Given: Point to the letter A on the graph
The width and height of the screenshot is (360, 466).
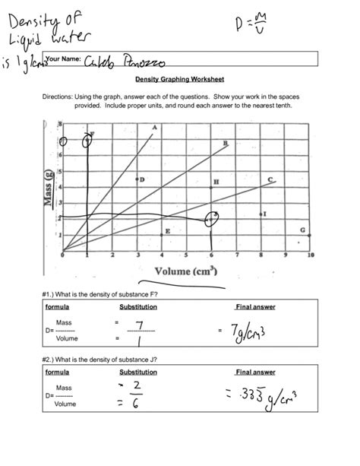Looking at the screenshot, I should pyautogui.click(x=155, y=128).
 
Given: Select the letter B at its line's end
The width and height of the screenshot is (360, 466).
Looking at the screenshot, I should pyautogui.click(x=225, y=144).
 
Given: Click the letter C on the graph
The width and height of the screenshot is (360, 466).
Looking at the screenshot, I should pyautogui.click(x=270, y=179).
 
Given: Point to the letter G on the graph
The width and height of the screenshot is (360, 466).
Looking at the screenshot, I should pyautogui.click(x=302, y=229).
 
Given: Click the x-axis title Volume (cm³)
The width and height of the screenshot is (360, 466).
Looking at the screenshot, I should pyautogui.click(x=186, y=270).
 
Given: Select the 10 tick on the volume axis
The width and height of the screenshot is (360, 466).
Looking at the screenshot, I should pyautogui.click(x=311, y=256).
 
